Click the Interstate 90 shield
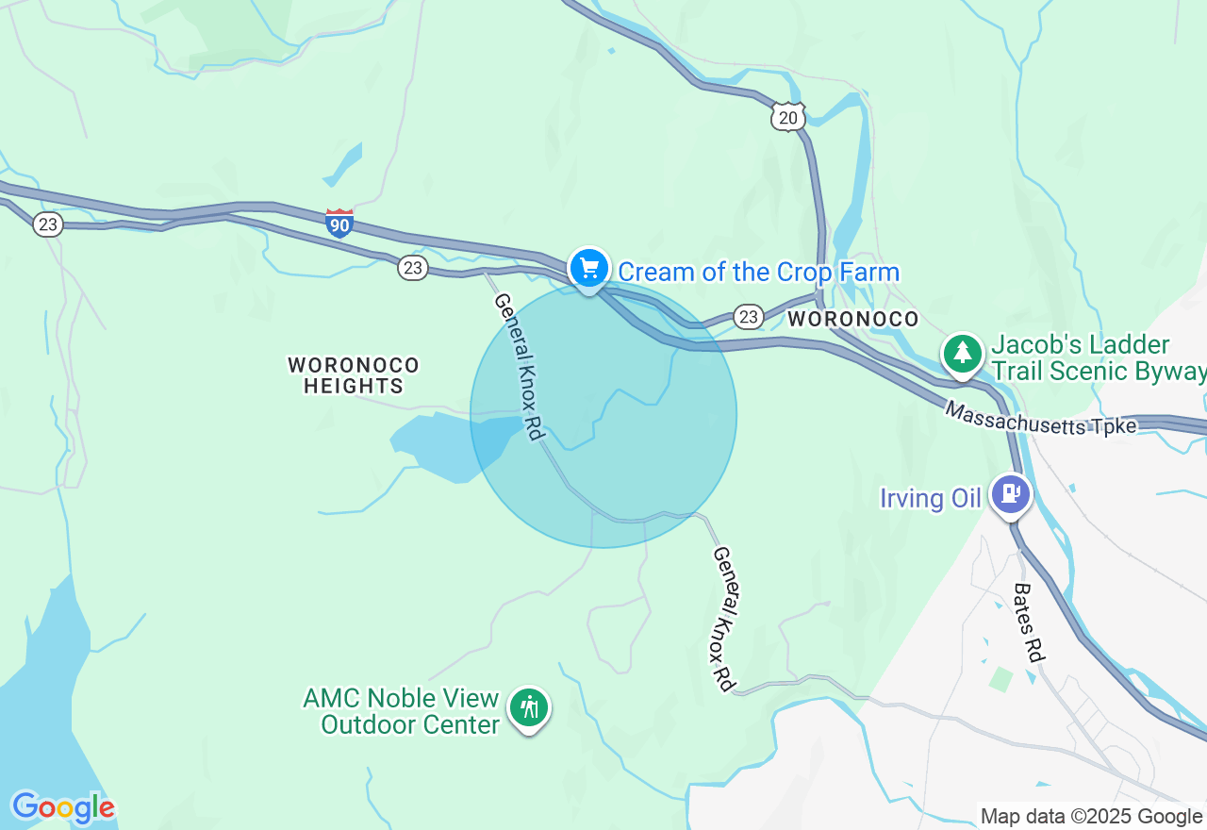339,224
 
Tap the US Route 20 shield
786,116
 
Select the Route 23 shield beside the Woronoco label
748,317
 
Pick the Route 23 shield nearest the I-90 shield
412,268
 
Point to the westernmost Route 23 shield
47,224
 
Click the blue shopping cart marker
589,270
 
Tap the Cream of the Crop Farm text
758,273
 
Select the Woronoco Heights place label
354,375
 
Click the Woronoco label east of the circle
852,319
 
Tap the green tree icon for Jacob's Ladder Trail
962,354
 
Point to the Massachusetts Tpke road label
1040,419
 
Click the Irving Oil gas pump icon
1011,492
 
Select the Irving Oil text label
931,498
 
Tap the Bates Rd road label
1030,622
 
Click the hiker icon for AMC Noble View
529,706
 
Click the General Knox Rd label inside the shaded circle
520,366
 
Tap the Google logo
62,807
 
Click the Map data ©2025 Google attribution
1091,817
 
